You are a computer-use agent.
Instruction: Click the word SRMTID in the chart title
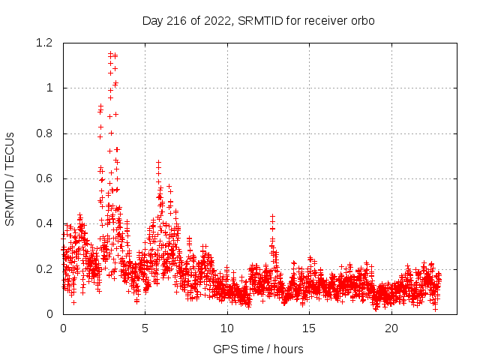click(256, 21)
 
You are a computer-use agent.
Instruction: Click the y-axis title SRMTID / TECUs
click(10, 178)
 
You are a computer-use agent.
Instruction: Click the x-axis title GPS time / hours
click(258, 349)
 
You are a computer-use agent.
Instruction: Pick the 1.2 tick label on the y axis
click(43, 43)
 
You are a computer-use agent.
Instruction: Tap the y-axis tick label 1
click(49, 88)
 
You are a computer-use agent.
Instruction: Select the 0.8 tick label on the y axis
click(43, 133)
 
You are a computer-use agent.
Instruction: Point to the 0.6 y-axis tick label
click(43, 178)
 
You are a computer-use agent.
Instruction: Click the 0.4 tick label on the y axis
click(43, 223)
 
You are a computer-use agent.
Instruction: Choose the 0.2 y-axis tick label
click(43, 268)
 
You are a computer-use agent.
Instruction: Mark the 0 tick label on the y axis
click(49, 313)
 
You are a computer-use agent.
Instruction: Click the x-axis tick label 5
click(145, 328)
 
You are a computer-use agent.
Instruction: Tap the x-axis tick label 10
click(227, 328)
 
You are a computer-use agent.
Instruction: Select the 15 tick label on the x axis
click(309, 328)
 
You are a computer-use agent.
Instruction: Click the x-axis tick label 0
click(63, 328)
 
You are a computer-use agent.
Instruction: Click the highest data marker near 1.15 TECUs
click(110, 54)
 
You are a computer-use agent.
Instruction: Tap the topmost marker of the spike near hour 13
click(272, 217)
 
